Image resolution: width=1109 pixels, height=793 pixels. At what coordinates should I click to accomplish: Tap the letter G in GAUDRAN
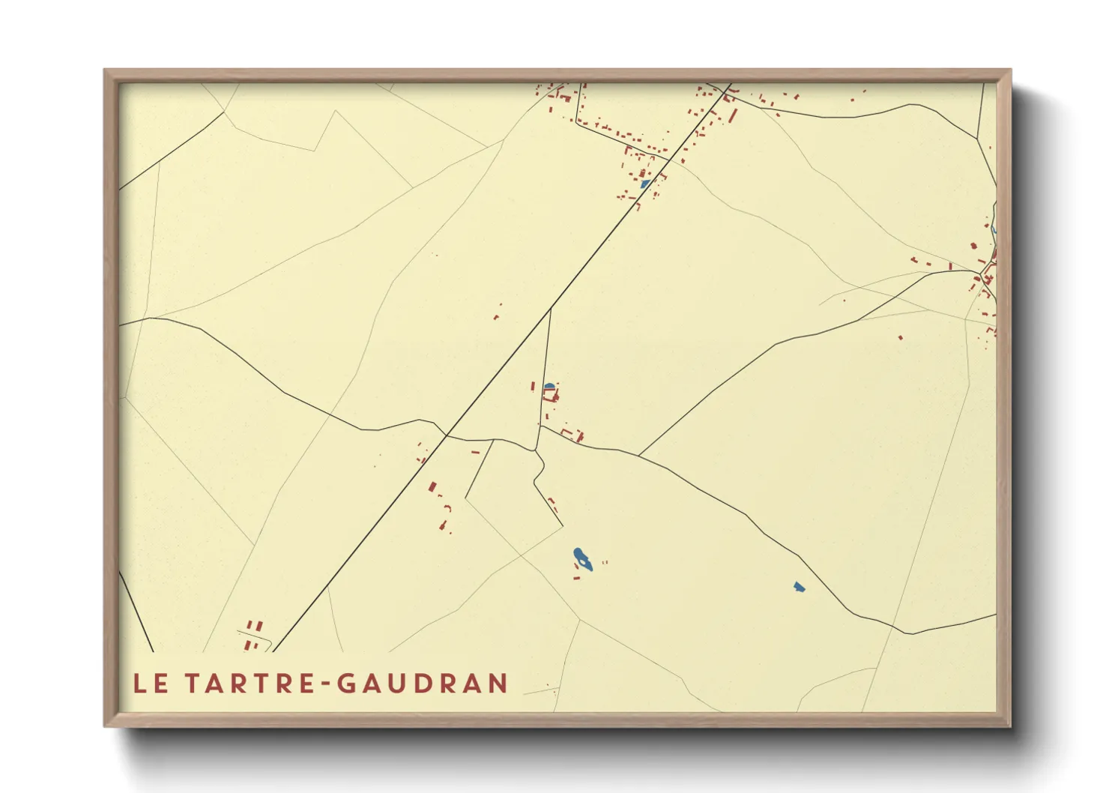347,683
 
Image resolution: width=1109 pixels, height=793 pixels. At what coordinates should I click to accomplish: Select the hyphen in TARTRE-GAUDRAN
324,684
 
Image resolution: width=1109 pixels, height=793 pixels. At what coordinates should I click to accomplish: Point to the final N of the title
498,683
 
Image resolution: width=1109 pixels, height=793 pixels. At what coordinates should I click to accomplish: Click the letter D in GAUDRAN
411,683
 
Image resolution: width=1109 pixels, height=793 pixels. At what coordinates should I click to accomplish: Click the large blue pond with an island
582,559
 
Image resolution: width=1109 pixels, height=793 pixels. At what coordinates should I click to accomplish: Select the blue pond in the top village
644,183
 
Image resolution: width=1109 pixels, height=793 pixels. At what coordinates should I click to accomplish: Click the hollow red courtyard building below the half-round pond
552,395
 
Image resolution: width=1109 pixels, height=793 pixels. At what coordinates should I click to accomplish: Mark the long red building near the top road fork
733,115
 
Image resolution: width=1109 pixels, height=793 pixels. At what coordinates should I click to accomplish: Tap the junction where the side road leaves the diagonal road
551,309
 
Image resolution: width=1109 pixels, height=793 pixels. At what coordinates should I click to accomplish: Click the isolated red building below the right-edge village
901,338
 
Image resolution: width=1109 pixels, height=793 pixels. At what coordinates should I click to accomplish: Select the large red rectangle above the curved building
432,487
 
